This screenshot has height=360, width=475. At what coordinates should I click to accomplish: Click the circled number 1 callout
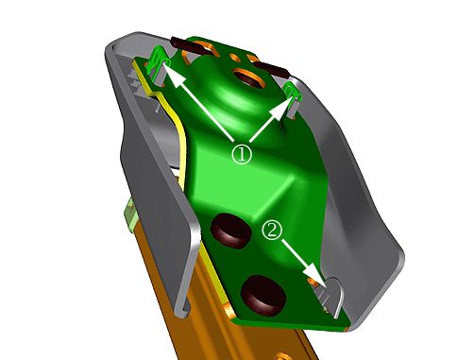click(242, 154)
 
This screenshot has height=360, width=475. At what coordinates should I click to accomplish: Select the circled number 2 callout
click(273, 231)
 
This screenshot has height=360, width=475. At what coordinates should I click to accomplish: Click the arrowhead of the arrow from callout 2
click(314, 273)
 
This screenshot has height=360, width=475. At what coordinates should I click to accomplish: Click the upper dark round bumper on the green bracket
click(231, 231)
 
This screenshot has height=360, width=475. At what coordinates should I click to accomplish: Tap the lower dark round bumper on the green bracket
click(263, 296)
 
